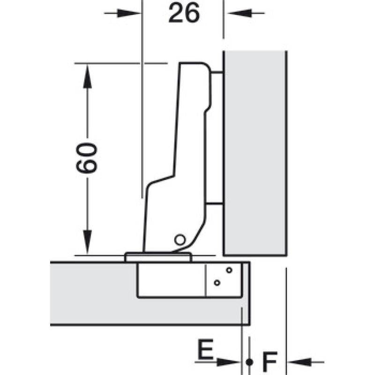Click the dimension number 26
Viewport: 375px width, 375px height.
184,14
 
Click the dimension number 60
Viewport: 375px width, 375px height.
87,158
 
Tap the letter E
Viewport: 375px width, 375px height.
205,349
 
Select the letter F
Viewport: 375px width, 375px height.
270,361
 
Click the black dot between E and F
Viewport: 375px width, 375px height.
249,362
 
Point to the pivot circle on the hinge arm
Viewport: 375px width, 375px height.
180,240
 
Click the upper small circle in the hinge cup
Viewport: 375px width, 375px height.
229,270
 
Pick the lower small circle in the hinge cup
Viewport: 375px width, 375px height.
217,283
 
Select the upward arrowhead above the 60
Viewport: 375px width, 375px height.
87,76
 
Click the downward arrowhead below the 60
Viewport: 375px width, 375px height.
87,242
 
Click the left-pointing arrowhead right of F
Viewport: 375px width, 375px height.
299,362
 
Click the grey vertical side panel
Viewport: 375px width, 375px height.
255,153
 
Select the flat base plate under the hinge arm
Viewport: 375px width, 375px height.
158,257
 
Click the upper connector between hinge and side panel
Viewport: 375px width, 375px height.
217,72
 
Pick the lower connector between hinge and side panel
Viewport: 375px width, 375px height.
215,204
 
